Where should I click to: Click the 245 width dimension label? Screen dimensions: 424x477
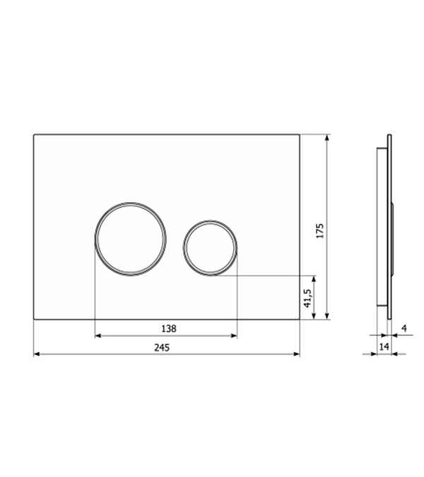(162, 347)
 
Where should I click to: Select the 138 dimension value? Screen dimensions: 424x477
(168, 329)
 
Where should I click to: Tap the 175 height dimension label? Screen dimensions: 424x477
(319, 231)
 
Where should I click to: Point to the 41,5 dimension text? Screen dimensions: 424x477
(307, 298)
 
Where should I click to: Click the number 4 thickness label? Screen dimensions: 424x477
(404, 328)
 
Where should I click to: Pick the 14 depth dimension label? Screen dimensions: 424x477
(384, 346)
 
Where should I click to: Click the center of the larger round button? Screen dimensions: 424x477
(131, 239)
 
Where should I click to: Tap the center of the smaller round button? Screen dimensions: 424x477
(210, 248)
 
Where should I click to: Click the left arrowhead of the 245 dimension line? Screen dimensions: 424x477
(37, 354)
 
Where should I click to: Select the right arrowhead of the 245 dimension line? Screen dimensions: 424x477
(297, 354)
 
